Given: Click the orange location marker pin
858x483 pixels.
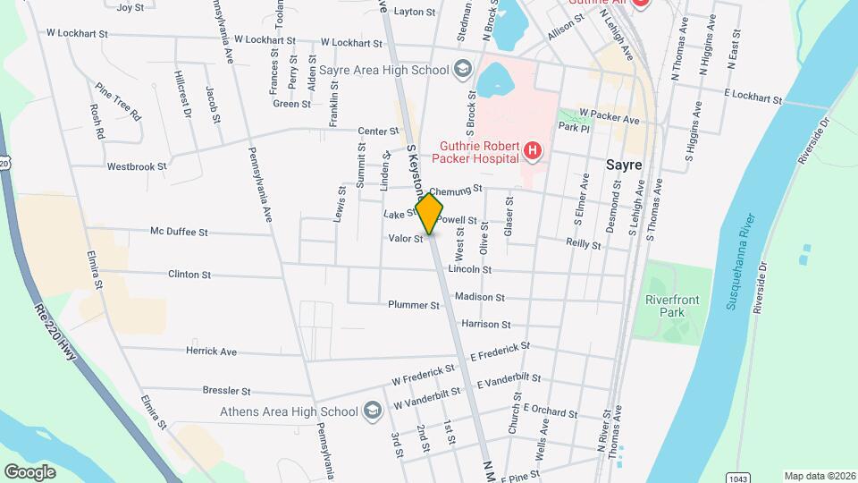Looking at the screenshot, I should (429, 213).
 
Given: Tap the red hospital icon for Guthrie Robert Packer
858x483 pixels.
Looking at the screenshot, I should (533, 151).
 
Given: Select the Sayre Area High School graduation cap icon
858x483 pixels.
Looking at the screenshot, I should (463, 69).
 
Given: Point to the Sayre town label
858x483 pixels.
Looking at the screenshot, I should (624, 165).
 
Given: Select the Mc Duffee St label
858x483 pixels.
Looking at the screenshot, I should (179, 232).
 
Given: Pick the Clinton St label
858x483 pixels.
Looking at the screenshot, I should (189, 275).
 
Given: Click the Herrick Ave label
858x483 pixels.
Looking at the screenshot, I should (211, 352).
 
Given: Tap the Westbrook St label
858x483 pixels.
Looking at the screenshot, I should (137, 166).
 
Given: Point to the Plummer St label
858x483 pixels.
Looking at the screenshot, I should (414, 305).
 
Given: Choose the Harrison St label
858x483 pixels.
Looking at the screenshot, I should (486, 325).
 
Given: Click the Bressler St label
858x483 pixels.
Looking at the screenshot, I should (227, 391).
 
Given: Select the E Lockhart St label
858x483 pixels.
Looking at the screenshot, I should (753, 94).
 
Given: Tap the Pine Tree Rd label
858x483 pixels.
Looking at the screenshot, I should (118, 102).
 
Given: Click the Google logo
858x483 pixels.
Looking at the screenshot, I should (29, 471).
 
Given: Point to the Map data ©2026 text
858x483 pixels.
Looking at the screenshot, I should (819, 476).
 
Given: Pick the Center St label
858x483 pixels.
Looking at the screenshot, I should (377, 131).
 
